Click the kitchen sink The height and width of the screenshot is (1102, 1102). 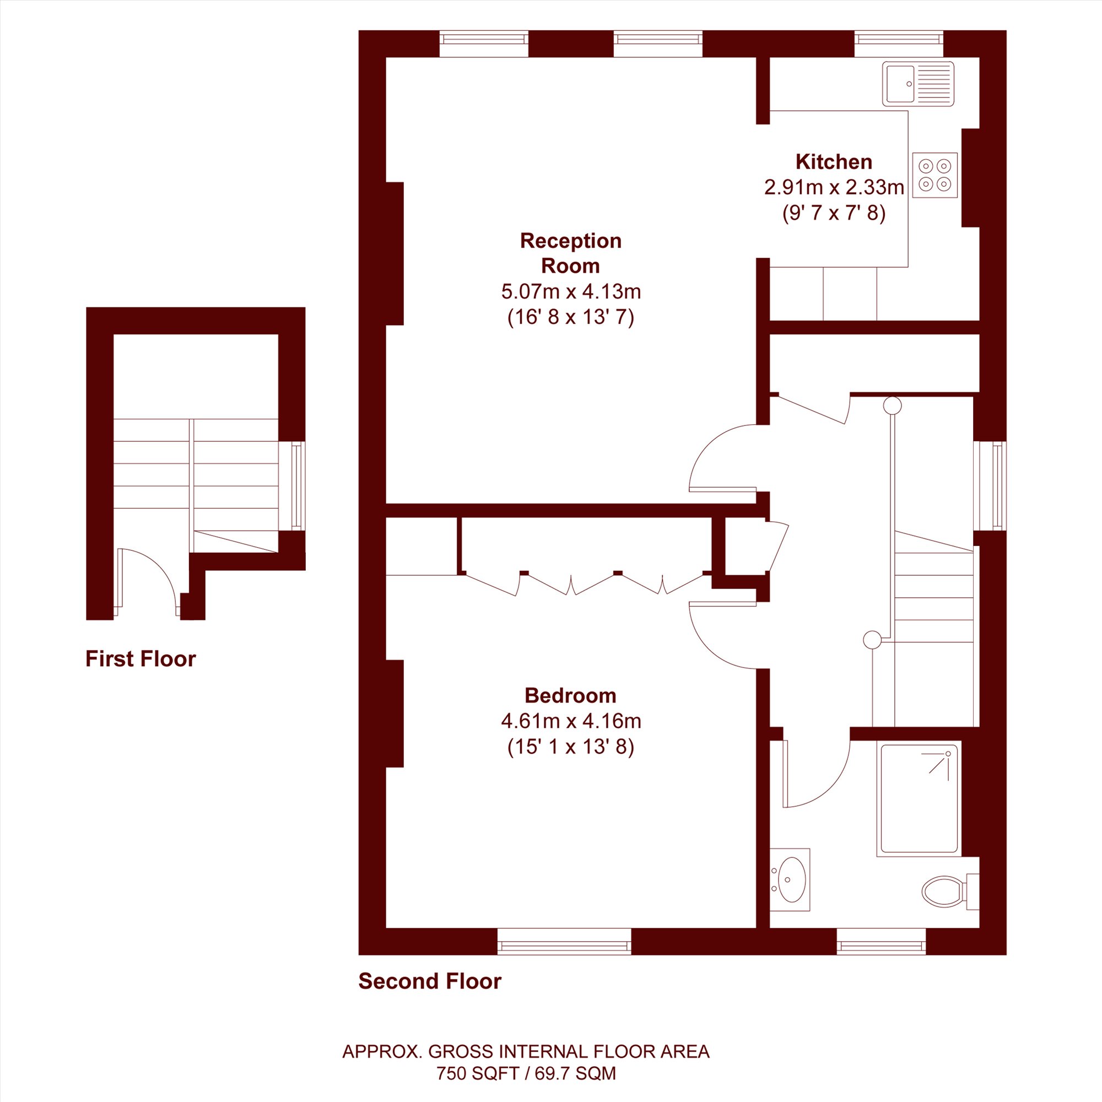pos(918,84)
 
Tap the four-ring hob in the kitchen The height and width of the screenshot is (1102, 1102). pos(934,175)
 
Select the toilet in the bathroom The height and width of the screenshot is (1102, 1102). pos(950,891)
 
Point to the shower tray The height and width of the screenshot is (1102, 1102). pos(919,798)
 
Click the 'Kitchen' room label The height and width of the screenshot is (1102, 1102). pos(834,162)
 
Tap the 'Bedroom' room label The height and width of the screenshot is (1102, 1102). pos(570,696)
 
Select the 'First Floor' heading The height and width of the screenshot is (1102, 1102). pos(141,659)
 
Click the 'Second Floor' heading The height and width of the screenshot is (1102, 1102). pos(430,981)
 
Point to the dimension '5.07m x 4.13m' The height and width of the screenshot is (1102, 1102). pos(571,291)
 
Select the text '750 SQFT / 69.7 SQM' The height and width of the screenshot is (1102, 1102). pos(526,1073)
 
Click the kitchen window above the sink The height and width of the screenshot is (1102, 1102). pos(898,44)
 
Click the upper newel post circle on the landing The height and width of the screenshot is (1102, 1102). pos(893,406)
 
